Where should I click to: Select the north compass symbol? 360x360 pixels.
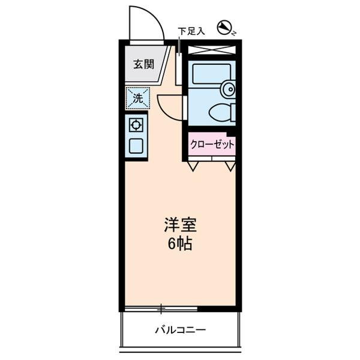pyautogui.click(x=225, y=26)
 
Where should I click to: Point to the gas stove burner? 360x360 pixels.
pyautogui.click(x=136, y=125)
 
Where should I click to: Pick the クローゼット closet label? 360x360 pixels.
pyautogui.click(x=212, y=144)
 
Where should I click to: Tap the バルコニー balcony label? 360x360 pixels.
pyautogui.click(x=180, y=329)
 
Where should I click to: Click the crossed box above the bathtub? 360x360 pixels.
pyautogui.click(x=212, y=50)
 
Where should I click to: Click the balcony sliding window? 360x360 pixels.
pyautogui.click(x=161, y=309)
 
